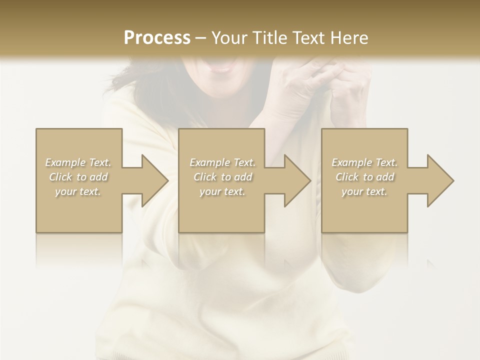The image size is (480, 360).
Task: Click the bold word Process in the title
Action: pos(157,38)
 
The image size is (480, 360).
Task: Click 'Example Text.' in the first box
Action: pos(78,162)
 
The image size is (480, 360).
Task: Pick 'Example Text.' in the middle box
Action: pos(222,162)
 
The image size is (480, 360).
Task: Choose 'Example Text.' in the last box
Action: pos(364,162)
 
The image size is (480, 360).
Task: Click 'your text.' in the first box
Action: pos(78,191)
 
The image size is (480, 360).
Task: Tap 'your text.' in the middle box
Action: pos(222,191)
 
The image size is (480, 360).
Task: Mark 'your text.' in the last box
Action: pos(364,191)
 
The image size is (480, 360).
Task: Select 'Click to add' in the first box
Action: pos(78,177)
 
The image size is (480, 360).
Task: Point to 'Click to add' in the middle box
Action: pos(222,177)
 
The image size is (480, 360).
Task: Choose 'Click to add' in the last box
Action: pos(364,177)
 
